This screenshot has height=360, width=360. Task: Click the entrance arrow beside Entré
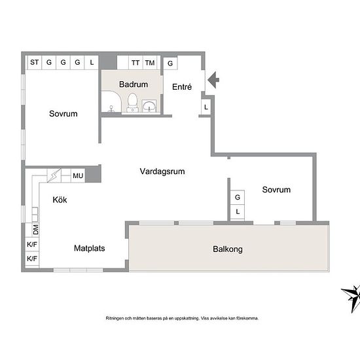click(213, 80)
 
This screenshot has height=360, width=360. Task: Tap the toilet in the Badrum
click(132, 102)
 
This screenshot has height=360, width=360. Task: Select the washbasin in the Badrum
click(149, 106)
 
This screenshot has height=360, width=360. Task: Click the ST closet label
click(35, 62)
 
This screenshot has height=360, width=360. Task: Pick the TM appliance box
click(150, 63)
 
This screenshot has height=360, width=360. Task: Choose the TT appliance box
click(135, 63)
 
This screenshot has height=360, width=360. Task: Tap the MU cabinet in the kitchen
click(78, 175)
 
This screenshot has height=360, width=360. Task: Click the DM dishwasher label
click(35, 230)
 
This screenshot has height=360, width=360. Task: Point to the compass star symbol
click(351, 298)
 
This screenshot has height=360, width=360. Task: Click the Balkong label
click(228, 249)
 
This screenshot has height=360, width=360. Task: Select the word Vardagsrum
click(162, 171)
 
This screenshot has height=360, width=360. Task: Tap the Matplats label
click(89, 248)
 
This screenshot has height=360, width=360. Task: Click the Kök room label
click(60, 200)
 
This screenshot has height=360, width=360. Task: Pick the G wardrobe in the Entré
click(170, 63)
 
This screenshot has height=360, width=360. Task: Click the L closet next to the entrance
click(206, 107)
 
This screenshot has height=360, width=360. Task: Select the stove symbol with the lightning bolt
click(54, 175)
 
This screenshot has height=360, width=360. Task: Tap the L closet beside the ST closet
click(92, 62)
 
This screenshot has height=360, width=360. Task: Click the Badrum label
click(134, 84)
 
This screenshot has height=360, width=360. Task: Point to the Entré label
click(182, 87)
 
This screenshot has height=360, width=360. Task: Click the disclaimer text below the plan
click(182, 318)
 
